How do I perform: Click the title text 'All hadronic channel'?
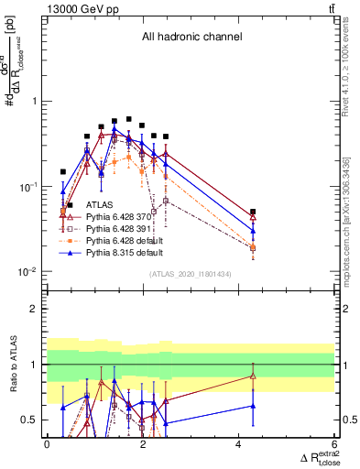(191, 37)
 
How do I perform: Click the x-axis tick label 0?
(47, 444)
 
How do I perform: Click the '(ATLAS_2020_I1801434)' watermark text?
(190, 273)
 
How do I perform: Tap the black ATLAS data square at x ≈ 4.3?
(253, 212)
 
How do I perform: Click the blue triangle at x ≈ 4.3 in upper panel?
(253, 233)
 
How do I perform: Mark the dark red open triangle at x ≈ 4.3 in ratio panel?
(253, 376)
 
